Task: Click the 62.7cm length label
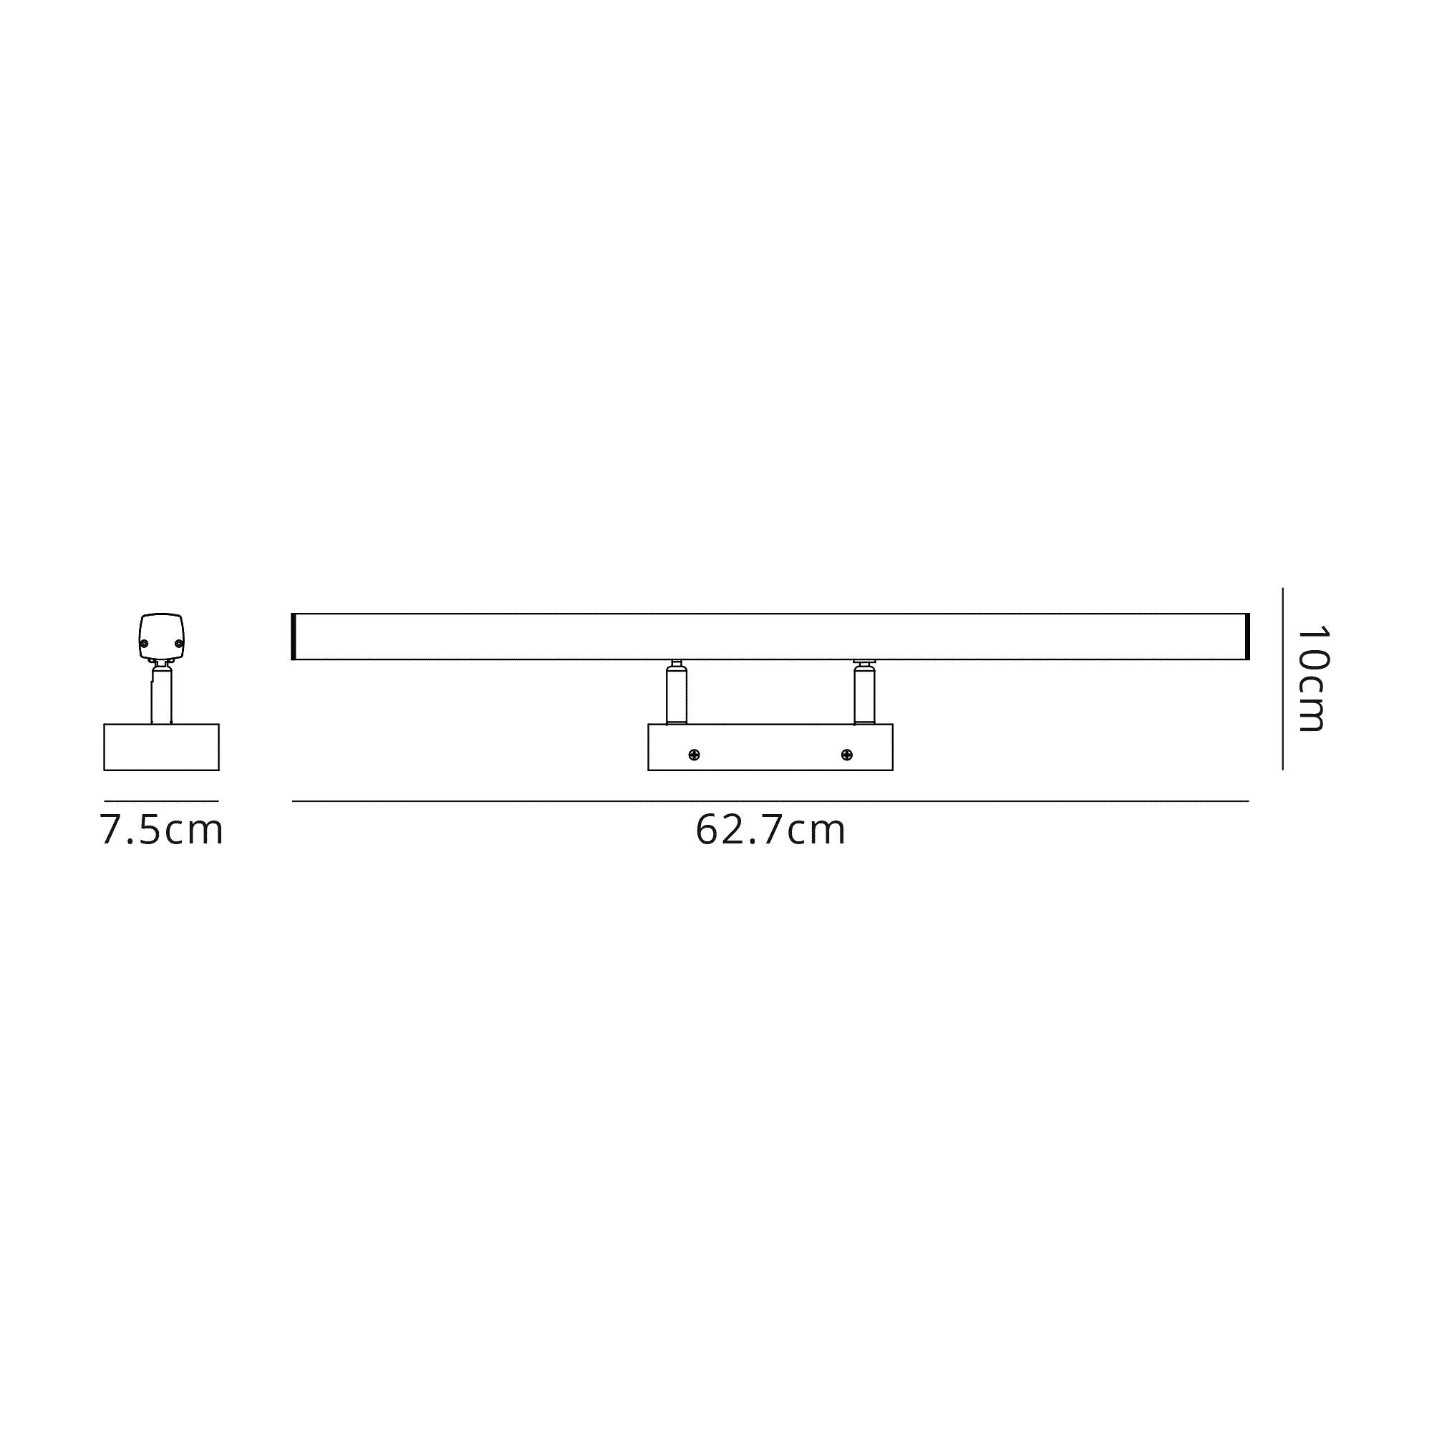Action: [770, 830]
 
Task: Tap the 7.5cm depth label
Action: [162, 830]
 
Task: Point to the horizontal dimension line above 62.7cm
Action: [770, 801]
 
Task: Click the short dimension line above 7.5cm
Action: [162, 801]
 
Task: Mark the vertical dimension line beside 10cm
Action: [1282, 679]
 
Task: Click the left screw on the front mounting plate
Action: [694, 755]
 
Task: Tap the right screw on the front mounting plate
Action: [846, 755]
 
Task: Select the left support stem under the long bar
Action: [676, 695]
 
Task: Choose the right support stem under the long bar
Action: [864, 695]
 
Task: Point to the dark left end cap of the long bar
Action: [294, 637]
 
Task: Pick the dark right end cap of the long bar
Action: [1247, 637]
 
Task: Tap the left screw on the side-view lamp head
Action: [145, 644]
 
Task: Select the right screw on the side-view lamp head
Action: [178, 644]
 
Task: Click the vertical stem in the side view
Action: [162, 695]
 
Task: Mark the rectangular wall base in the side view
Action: [162, 747]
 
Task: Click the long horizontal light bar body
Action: [770, 637]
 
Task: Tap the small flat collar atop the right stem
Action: [864, 661]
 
